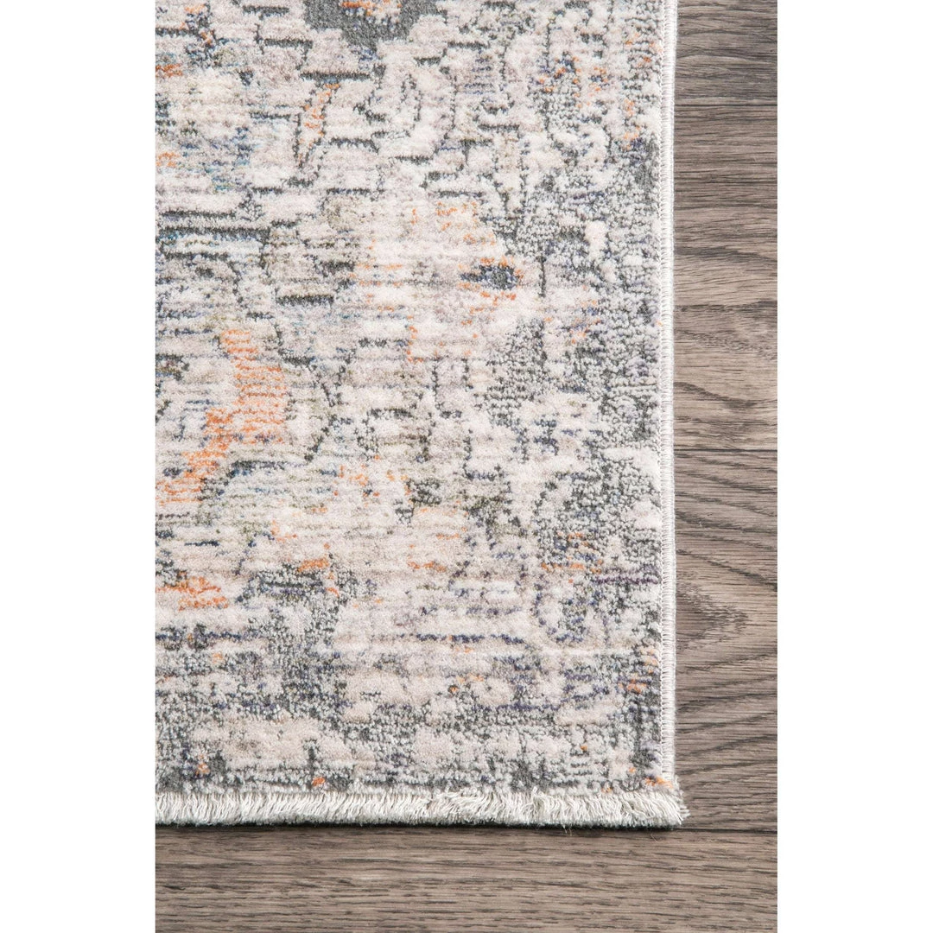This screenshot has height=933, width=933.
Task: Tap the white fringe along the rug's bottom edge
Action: click(x=415, y=807)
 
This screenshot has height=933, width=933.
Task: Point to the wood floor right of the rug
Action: click(x=726, y=346)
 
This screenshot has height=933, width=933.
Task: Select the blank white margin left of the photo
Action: click(x=78, y=466)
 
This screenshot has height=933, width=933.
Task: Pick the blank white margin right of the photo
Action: click(x=855, y=466)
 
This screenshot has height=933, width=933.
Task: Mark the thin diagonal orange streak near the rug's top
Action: click(x=314, y=108)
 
